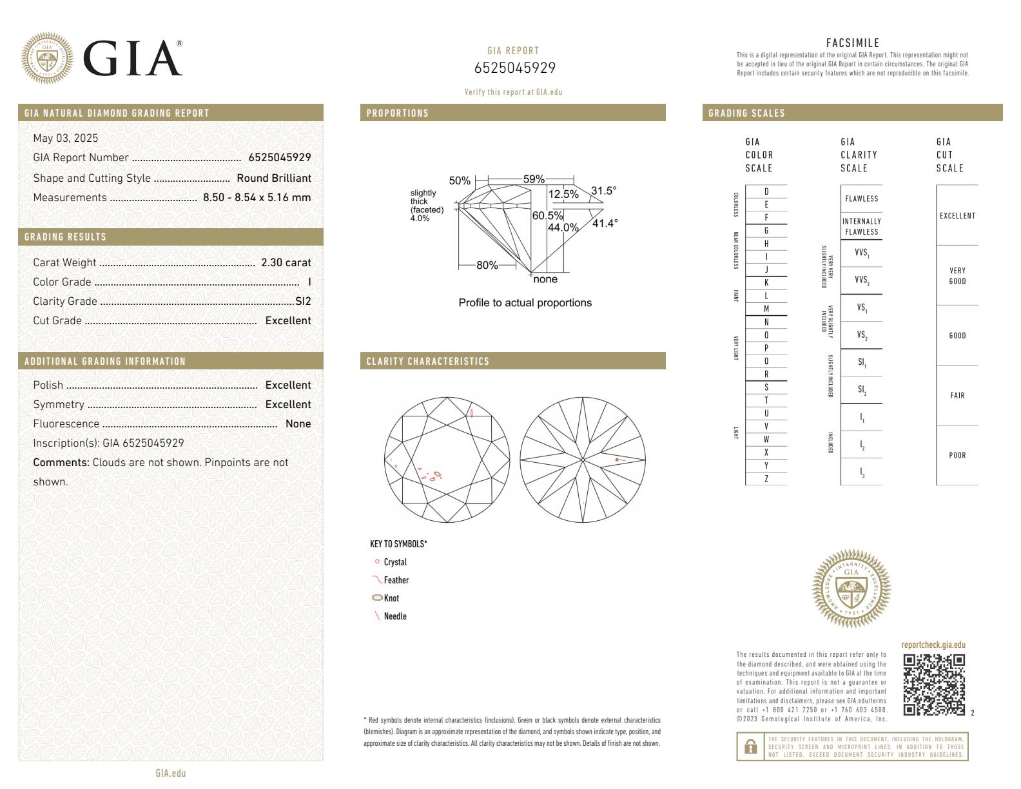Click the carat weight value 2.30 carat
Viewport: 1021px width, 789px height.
click(286, 262)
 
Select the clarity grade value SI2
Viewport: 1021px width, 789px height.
click(303, 301)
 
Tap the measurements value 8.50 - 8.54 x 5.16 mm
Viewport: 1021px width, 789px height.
click(257, 197)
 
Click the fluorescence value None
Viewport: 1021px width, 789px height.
click(298, 424)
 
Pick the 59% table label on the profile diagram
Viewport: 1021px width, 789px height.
click(534, 179)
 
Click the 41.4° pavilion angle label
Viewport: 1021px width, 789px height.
click(605, 223)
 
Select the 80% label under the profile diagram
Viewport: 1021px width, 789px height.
click(487, 265)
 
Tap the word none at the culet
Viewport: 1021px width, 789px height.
click(545, 279)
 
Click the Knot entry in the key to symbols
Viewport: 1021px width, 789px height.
click(391, 598)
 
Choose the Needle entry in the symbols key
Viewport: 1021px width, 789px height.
click(394, 616)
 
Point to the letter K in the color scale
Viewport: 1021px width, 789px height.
click(766, 283)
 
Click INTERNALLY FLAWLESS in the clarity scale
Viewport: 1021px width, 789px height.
click(861, 226)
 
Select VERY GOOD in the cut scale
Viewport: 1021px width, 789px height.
click(957, 276)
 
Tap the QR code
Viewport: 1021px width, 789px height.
click(933, 685)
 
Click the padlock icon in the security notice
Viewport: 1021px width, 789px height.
click(750, 746)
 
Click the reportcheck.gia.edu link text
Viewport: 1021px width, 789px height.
click(933, 645)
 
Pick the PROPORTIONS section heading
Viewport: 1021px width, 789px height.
click(397, 113)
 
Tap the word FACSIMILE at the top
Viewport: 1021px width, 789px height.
click(852, 43)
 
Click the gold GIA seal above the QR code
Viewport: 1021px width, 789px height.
click(851, 589)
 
